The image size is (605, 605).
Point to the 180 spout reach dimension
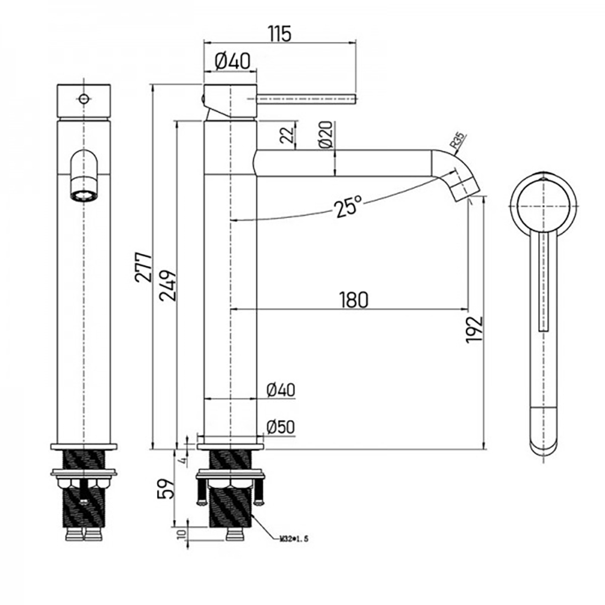[x=353, y=300]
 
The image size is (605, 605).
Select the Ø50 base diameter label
[x=280, y=427]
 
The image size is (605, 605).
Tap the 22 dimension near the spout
[x=285, y=136]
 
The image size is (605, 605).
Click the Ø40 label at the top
[x=230, y=61]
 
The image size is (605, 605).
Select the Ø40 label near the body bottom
[x=280, y=391]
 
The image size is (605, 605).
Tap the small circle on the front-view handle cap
[x=84, y=99]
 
